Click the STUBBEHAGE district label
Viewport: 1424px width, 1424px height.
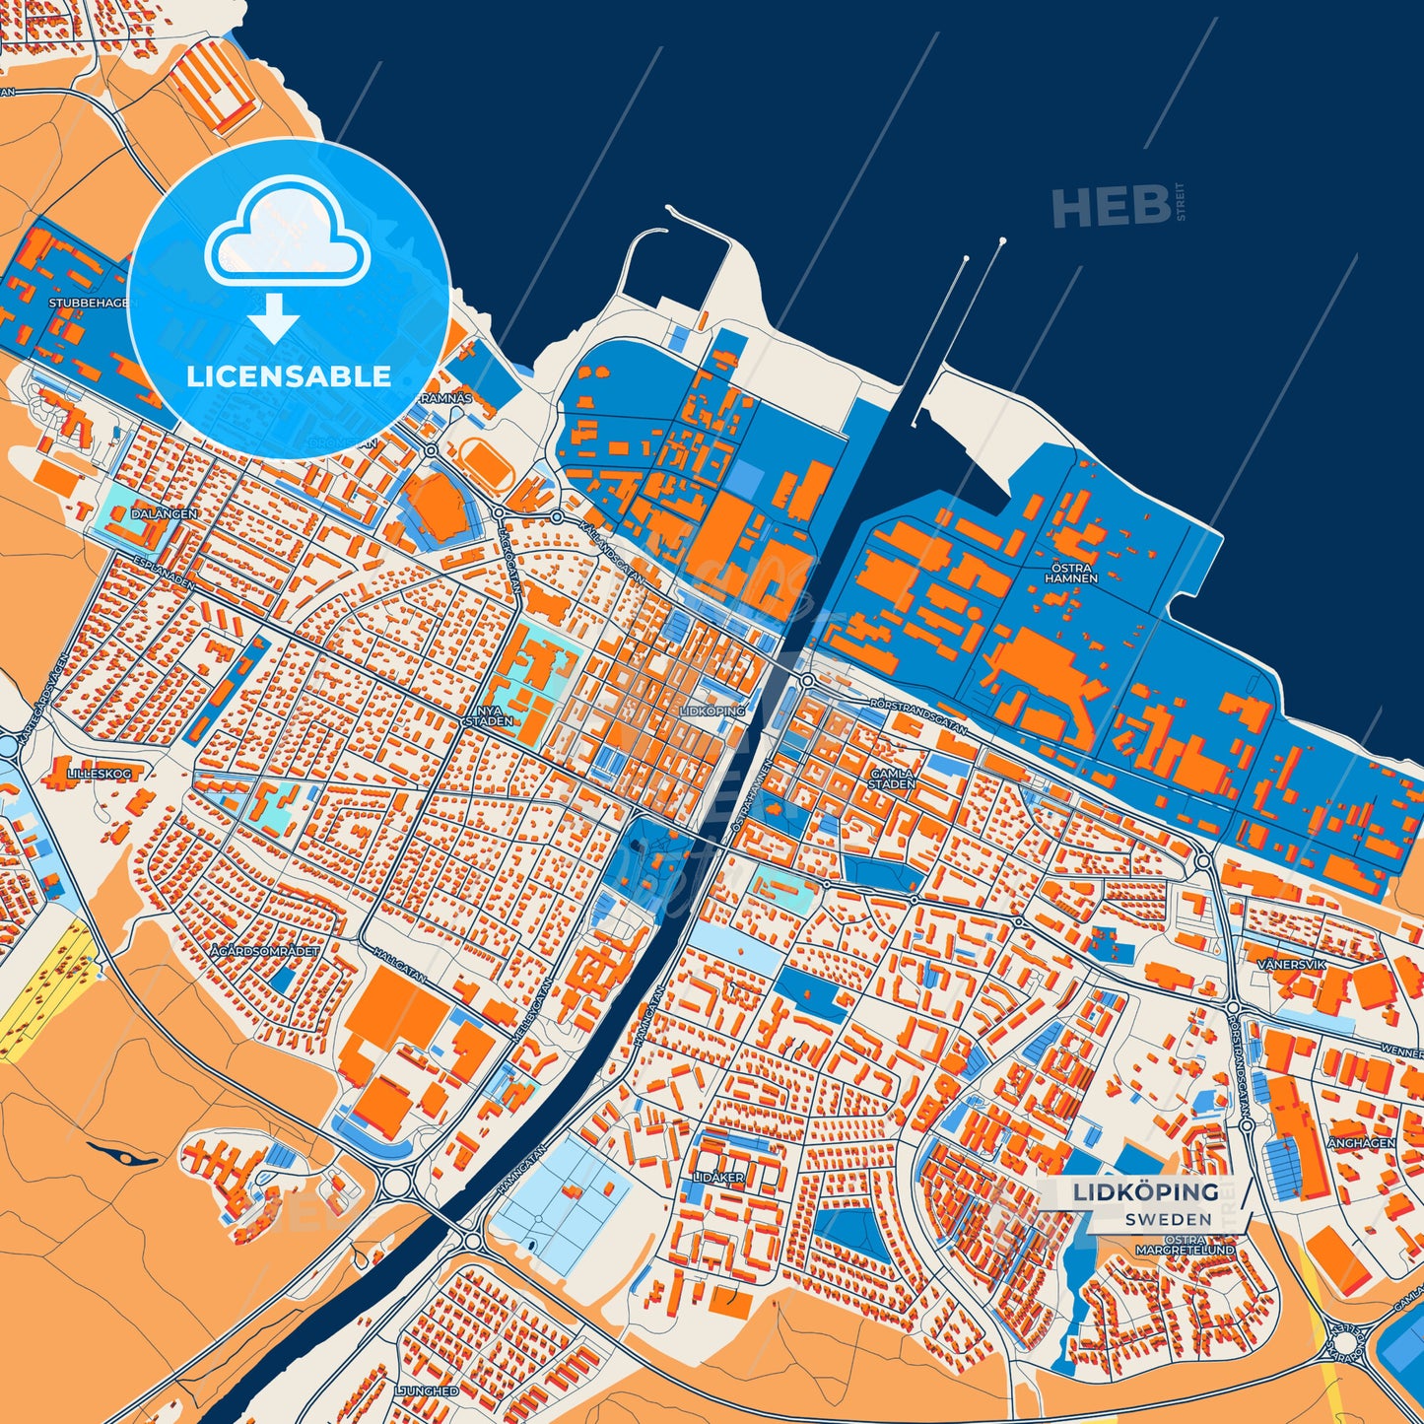[88, 303]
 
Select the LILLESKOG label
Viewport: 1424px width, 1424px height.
[99, 774]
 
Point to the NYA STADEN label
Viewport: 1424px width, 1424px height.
[489, 714]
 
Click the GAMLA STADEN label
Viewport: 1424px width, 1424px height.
[892, 779]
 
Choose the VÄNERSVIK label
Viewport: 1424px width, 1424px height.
[1291, 964]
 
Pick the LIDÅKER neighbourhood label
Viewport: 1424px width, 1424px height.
[718, 1177]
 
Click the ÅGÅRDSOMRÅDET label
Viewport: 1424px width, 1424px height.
[266, 951]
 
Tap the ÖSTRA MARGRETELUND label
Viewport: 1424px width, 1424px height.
[1185, 1245]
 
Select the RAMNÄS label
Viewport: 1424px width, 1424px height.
[446, 398]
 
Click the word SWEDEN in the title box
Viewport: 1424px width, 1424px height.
[1168, 1219]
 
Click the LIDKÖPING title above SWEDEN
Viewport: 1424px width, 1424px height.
[1145, 1192]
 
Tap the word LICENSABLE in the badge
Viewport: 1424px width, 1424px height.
[289, 375]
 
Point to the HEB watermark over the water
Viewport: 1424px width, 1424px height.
[1111, 206]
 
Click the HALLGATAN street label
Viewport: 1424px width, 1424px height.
[400, 964]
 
